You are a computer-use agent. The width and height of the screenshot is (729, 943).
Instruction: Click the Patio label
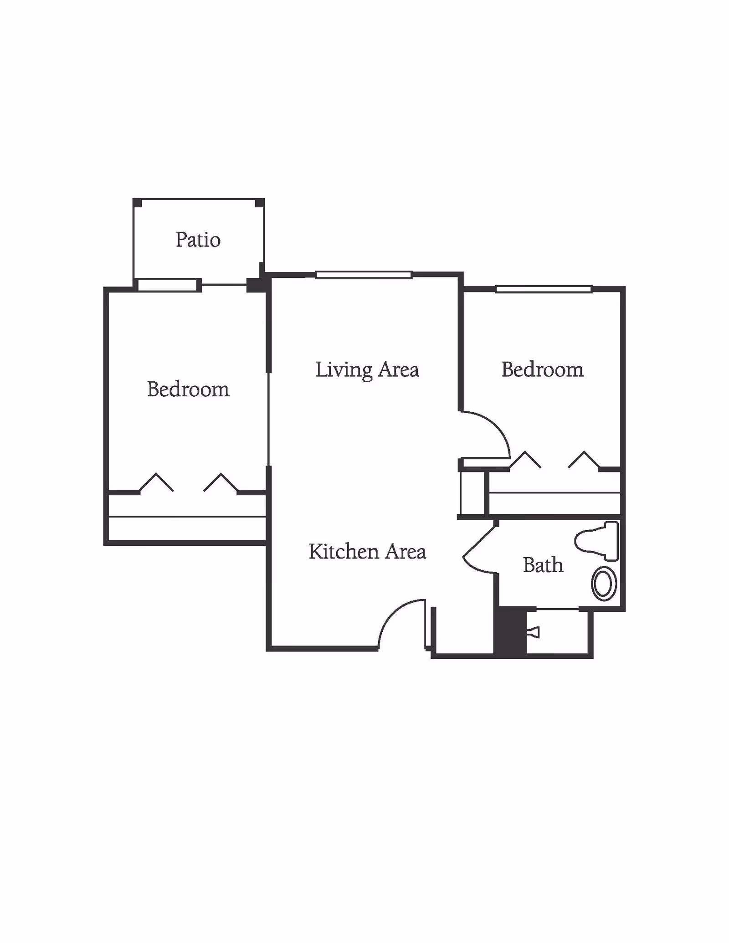(198, 240)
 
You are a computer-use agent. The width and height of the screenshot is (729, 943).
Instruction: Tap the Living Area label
(367, 369)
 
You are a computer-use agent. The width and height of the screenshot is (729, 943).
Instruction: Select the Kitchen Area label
(367, 551)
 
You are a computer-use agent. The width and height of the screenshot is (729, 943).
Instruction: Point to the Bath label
(543, 565)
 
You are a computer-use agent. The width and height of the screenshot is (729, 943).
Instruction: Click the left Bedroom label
(188, 389)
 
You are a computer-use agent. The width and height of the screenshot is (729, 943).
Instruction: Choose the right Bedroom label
(543, 369)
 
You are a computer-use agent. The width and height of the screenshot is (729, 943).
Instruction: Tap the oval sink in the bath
(604, 584)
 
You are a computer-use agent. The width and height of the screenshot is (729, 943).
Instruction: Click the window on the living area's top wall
(364, 275)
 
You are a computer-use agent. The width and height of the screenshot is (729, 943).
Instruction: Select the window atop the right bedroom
(544, 289)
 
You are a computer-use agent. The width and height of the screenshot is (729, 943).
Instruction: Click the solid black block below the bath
(511, 632)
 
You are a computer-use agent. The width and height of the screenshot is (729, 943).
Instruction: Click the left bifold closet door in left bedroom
(156, 482)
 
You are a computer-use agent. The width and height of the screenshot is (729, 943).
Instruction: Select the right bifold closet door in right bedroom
(584, 460)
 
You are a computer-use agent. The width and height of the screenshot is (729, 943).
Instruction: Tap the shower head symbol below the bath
(534, 632)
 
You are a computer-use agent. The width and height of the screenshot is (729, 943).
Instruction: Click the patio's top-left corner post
(137, 203)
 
